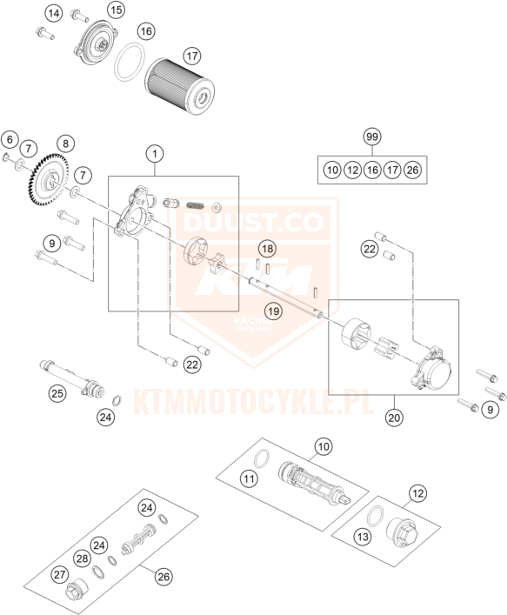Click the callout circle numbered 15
117,10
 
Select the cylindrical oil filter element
180,86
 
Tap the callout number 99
371,137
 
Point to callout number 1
155,154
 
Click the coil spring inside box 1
195,205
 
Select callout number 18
267,248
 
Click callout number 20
394,418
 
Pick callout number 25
57,393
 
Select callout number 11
249,478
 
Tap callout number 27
60,575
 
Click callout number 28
83,558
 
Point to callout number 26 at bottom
163,577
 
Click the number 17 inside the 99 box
392,170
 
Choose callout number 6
10,139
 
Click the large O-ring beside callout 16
129,62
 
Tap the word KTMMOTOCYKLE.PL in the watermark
254,402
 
